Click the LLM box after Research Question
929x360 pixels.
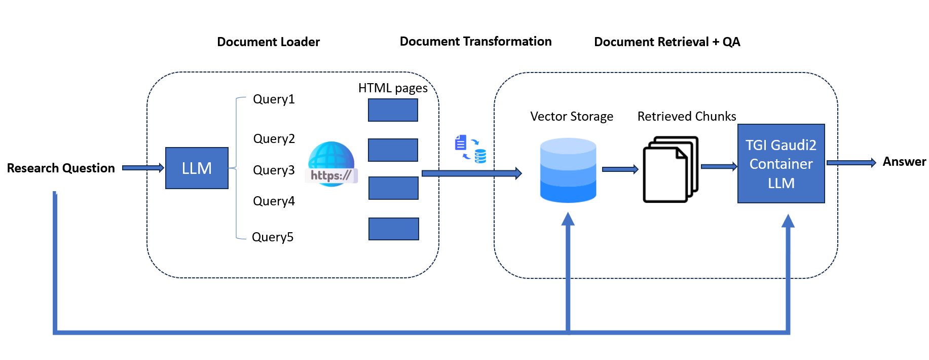click(197, 168)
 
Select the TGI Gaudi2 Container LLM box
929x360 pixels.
click(781, 163)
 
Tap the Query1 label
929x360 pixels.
click(274, 99)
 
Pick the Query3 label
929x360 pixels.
click(274, 170)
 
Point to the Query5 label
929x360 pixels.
click(273, 237)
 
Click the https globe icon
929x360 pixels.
click(331, 164)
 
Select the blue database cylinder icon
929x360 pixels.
click(568, 170)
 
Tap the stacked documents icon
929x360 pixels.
click(670, 169)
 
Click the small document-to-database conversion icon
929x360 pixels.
click(470, 149)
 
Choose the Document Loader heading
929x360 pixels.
click(268, 42)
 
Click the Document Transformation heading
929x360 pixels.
click(475, 41)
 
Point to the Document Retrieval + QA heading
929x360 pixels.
click(667, 42)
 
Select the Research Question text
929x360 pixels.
click(61, 168)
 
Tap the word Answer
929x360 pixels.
click(904, 162)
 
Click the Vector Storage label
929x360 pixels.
click(572, 116)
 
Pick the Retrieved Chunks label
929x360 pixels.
click(686, 116)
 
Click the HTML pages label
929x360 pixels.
click(393, 88)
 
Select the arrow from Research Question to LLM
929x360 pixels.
click(143, 168)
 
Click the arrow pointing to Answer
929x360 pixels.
click(851, 163)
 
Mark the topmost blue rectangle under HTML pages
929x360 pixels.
click(393, 110)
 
